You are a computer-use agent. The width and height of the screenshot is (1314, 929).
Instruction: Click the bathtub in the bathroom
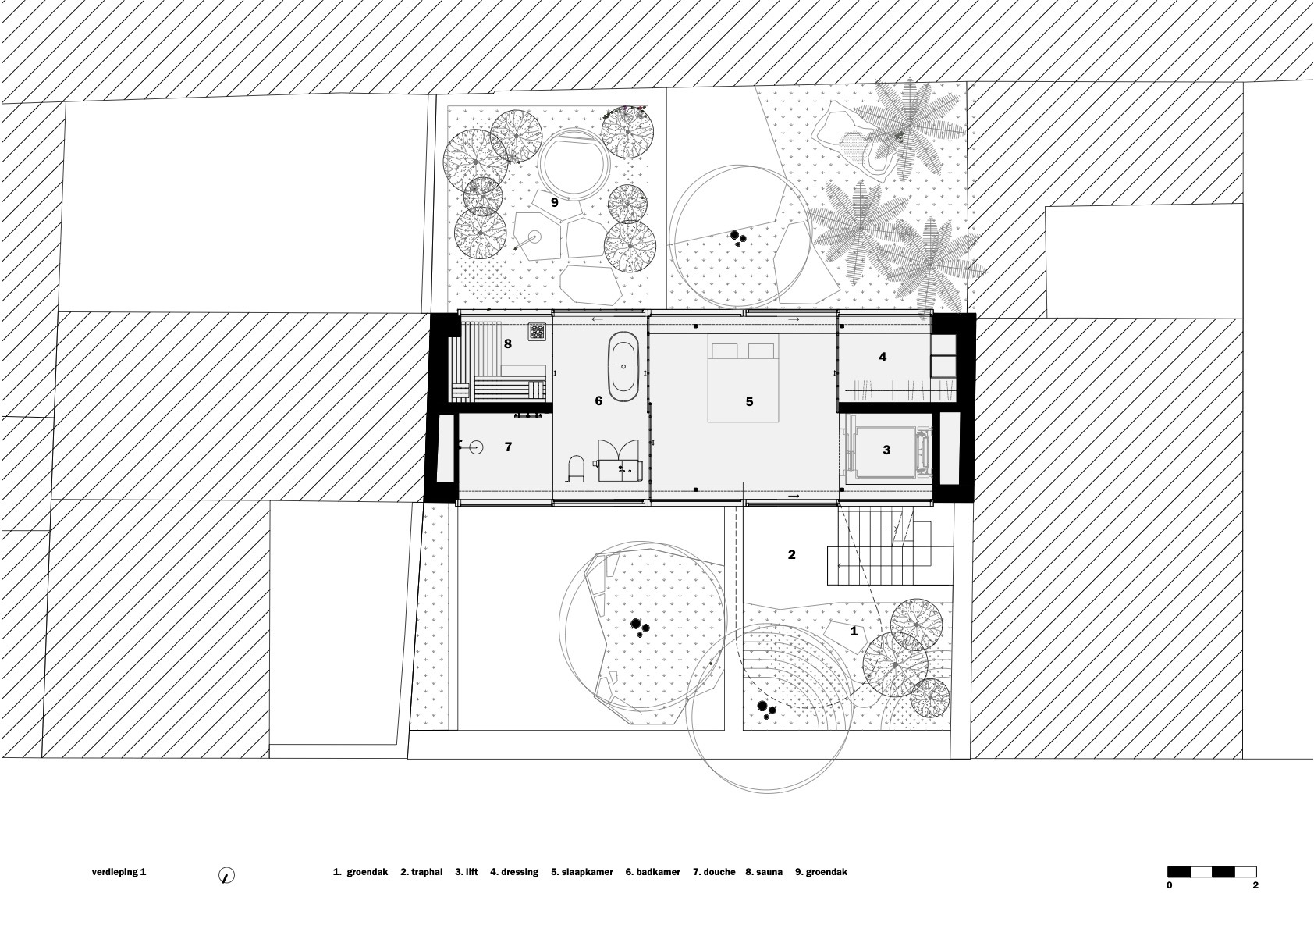(x=623, y=364)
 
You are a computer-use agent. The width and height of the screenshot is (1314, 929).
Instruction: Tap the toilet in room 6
(x=576, y=467)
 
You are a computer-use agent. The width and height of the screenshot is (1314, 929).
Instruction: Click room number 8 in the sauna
(x=508, y=343)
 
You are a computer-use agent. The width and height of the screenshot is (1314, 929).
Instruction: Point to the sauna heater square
(x=537, y=332)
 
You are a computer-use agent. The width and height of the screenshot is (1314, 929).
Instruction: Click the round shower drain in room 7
(x=476, y=447)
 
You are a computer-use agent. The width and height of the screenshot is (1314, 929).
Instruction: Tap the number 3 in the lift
(x=886, y=450)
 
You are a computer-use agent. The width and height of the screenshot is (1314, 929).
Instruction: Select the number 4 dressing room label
(x=883, y=357)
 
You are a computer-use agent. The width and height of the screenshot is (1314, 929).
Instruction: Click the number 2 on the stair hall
(x=791, y=554)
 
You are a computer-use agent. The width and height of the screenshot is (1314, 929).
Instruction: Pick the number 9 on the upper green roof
(x=554, y=202)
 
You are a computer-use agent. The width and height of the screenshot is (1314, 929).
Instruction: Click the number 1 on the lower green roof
(x=854, y=631)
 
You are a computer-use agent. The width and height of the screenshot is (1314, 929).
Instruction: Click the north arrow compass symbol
(x=226, y=876)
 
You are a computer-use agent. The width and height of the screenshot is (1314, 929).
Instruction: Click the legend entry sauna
(x=768, y=872)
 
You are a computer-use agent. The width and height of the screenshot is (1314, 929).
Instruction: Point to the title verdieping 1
(x=119, y=872)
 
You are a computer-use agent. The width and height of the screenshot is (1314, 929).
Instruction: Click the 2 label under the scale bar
(x=1255, y=885)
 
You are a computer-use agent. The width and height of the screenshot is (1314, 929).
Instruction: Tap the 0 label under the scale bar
(x=1169, y=885)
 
